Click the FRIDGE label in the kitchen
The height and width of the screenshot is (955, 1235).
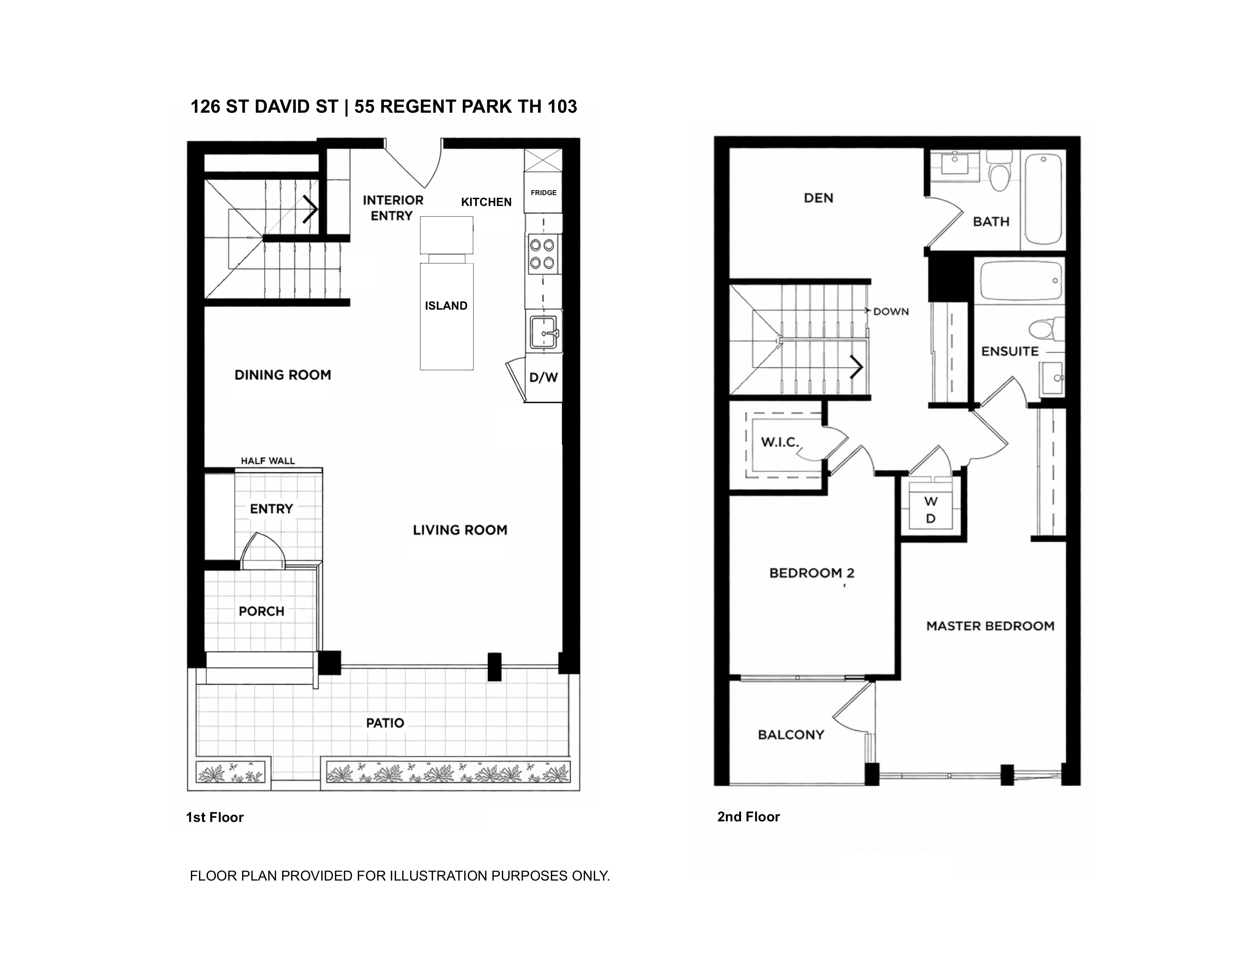tap(543, 193)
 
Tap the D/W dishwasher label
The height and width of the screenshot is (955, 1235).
tap(543, 378)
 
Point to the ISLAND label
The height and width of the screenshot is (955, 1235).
tap(446, 306)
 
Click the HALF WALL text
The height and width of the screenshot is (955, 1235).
tap(268, 461)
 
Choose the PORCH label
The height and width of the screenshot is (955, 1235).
tap(261, 612)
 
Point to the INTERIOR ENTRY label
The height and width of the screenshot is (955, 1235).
tap(393, 207)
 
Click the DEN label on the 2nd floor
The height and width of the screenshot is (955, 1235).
tap(818, 198)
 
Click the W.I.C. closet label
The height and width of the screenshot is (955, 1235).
tap(780, 442)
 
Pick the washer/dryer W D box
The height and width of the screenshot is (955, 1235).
tap(931, 510)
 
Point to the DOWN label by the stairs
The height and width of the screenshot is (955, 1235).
tap(891, 312)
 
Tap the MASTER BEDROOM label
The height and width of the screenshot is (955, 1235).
tap(990, 626)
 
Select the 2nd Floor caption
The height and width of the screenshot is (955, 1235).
tap(749, 817)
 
